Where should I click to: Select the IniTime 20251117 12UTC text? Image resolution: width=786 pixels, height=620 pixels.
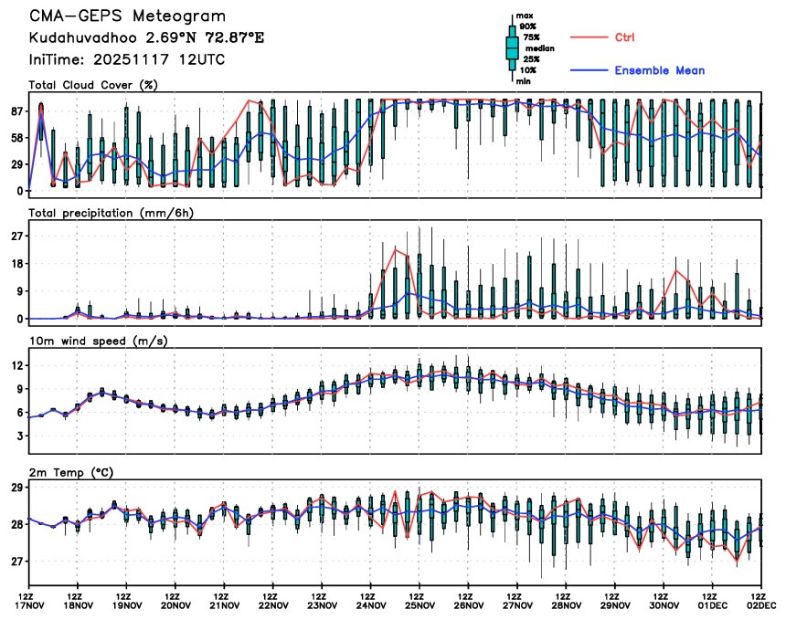[x=127, y=59]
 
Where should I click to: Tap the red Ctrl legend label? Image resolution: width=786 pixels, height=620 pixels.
[x=624, y=37]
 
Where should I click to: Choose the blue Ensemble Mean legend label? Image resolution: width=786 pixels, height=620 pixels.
[x=659, y=70]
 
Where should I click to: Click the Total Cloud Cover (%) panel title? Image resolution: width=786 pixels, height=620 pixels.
[x=93, y=85]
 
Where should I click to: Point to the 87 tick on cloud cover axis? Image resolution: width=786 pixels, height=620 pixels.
[x=16, y=111]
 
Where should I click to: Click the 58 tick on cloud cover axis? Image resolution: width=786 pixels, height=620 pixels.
[x=16, y=138]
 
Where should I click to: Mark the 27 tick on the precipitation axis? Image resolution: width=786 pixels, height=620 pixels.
[x=16, y=236]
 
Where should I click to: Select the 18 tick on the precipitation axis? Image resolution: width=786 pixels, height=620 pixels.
[x=16, y=264]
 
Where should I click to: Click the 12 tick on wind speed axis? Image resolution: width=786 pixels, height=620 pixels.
[x=16, y=365]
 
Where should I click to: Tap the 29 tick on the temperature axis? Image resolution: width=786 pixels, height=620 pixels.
[x=16, y=489]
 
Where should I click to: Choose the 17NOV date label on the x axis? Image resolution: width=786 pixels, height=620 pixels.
[x=30, y=604]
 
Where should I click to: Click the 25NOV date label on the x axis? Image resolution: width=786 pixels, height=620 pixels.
[x=420, y=604]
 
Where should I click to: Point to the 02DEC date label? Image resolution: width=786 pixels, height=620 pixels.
[x=761, y=604]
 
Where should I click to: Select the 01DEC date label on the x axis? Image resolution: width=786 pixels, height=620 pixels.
[x=713, y=604]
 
